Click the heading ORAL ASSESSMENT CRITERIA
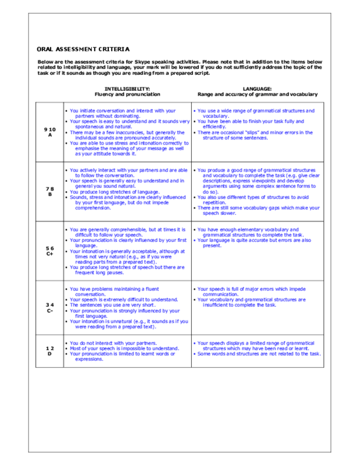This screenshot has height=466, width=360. [83, 49]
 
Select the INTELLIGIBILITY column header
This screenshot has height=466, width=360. [127, 88]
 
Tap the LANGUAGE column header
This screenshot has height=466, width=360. [257, 88]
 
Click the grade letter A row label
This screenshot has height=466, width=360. [49, 135]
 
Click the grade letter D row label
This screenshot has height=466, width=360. [49, 353]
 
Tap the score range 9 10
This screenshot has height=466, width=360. [49, 129]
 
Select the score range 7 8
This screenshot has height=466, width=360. [49, 189]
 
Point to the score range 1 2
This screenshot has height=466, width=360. [49, 348]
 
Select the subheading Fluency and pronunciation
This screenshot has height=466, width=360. [127, 94]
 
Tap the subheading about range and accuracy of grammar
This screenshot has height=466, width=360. [257, 94]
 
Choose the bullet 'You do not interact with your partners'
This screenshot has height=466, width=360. [114, 342]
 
